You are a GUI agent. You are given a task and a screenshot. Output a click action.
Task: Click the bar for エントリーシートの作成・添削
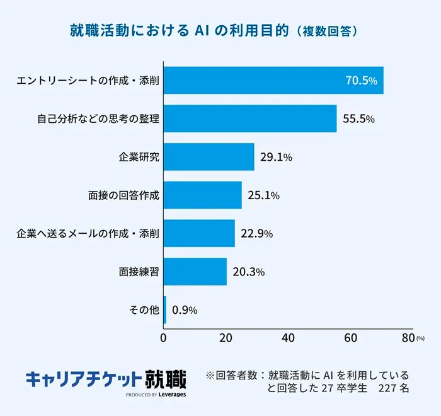(x=273, y=80)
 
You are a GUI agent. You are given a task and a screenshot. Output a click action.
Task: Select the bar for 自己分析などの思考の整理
(x=250, y=118)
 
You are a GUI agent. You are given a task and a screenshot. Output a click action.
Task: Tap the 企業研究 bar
(x=209, y=157)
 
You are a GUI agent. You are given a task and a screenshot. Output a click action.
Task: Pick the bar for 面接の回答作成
(x=202, y=195)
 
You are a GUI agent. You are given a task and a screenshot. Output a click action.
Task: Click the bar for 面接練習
(x=195, y=272)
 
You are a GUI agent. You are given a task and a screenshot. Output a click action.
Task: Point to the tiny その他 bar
(x=165, y=310)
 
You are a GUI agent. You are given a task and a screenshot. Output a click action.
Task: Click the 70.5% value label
(x=361, y=81)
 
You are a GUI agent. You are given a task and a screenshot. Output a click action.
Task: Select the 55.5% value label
(x=358, y=119)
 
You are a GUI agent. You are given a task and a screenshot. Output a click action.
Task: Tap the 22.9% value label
(x=256, y=234)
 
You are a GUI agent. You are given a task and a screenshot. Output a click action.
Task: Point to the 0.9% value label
(x=185, y=310)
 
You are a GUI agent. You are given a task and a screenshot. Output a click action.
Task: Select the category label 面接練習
(x=139, y=272)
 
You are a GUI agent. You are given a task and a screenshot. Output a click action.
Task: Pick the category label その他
(x=143, y=310)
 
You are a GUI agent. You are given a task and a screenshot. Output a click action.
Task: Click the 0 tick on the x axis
(x=164, y=338)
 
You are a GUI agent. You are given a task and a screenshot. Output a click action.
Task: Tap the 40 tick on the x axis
(x=288, y=338)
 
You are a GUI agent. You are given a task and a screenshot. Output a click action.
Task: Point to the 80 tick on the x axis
(x=408, y=338)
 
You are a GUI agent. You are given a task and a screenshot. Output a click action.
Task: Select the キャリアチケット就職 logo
(x=106, y=379)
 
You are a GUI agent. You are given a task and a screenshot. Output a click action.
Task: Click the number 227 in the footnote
(x=386, y=389)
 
